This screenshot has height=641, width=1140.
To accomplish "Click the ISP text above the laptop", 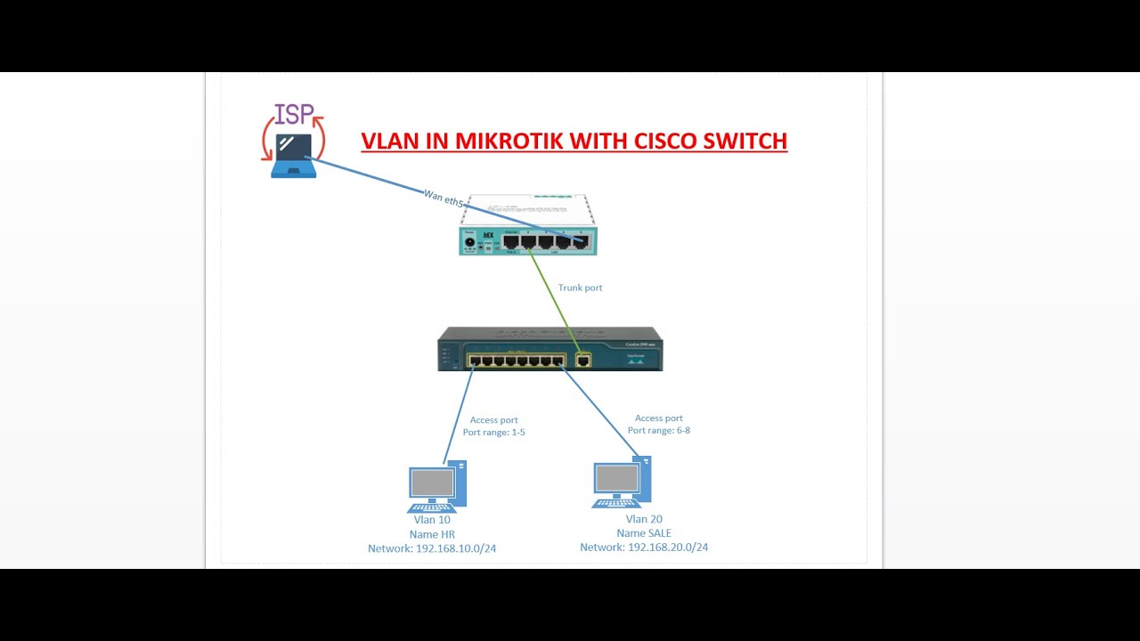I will (294, 114).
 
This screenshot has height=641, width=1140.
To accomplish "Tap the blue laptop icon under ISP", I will (294, 156).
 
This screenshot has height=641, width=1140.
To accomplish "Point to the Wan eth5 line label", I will (444, 198).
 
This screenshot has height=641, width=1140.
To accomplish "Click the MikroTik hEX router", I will (528, 226).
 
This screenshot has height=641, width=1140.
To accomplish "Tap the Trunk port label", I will (580, 288).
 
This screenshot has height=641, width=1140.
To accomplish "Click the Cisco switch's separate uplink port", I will (583, 361).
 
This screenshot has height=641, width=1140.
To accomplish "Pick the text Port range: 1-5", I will (494, 433).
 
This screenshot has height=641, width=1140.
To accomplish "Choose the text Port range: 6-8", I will (659, 430).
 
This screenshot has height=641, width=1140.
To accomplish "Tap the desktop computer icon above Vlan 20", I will (622, 483).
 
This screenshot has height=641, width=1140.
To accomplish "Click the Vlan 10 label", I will (432, 520).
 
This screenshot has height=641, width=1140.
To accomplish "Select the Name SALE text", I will (643, 533).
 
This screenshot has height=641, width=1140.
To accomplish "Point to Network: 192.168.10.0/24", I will (432, 548).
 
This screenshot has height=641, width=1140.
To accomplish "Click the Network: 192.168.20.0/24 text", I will (644, 547).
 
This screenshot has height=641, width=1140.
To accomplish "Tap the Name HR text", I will (432, 534).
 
